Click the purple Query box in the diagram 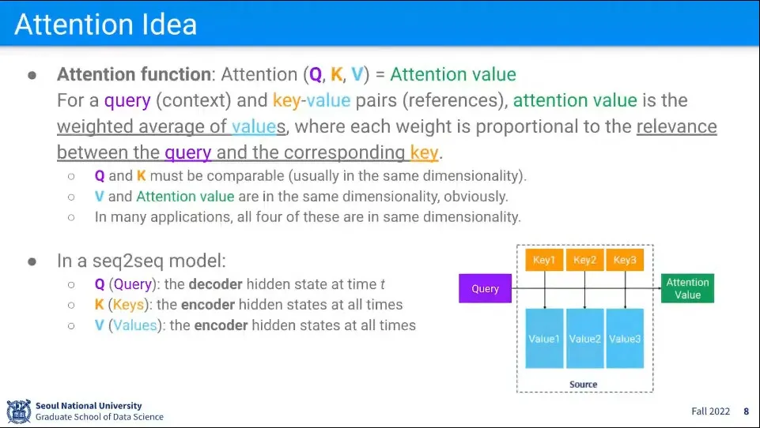click(485, 288)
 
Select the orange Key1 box click(544, 260)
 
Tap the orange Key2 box click(584, 260)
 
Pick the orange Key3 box click(625, 260)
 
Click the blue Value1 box click(544, 339)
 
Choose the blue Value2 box click(584, 339)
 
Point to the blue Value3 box click(625, 339)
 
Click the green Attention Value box click(687, 288)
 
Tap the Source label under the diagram click(583, 385)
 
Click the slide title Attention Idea click(106, 24)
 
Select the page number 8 click(747, 411)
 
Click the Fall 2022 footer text click(710, 411)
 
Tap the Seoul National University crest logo click(19, 411)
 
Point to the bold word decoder click(215, 284)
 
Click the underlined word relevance click(677, 126)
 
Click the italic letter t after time click(383, 284)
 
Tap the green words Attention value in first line click(453, 74)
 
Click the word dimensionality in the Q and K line click(473, 176)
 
